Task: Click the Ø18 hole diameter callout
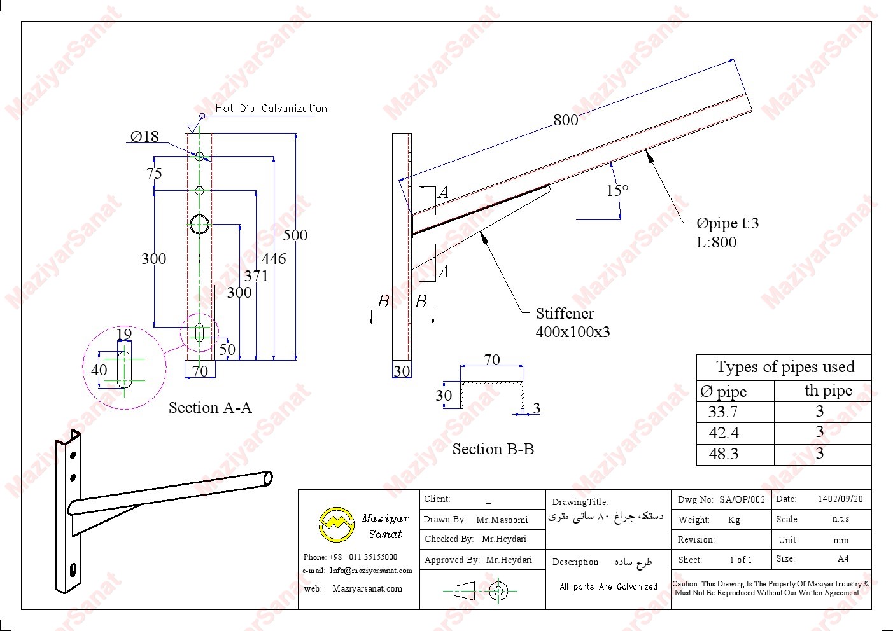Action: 144,137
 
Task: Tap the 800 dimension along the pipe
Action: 565,120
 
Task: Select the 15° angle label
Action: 617,190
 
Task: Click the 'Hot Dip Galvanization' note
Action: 271,109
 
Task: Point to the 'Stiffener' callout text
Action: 565,314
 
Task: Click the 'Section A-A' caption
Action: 210,408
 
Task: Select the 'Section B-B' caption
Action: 493,449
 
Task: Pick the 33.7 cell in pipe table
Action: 723,412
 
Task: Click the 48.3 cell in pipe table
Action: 724,454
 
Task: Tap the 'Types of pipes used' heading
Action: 785,367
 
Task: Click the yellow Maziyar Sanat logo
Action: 336,524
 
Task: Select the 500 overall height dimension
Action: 295,235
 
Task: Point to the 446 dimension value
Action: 274,259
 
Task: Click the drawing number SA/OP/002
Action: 742,500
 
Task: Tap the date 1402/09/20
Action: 840,499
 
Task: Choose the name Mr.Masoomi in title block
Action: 502,520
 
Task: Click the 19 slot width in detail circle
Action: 124,335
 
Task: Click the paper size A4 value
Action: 843,559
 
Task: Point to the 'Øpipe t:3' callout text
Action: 727,223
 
